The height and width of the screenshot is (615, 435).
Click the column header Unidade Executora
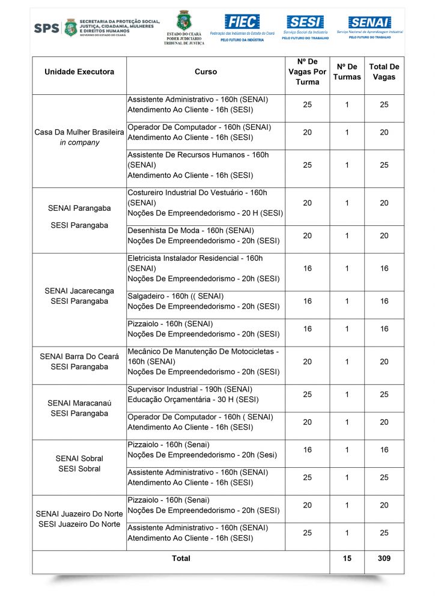point(79,72)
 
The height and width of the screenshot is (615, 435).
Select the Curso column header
point(206,72)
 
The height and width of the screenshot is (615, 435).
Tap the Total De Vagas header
point(384,72)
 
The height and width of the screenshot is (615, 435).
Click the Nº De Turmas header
point(347,72)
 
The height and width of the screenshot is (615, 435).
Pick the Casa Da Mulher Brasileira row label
point(79,132)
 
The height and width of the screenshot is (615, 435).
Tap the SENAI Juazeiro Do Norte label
point(79,514)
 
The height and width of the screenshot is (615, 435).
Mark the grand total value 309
point(384,559)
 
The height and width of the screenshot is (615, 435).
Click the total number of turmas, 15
point(347,559)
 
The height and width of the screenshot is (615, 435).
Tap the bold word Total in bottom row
point(181,559)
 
